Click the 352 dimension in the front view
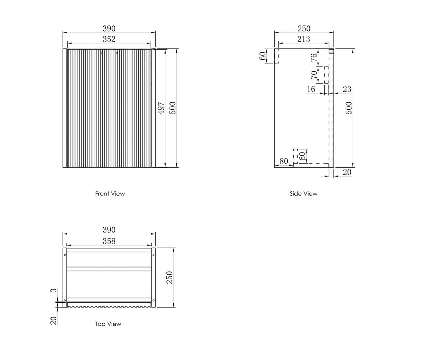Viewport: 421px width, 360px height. point(109,39)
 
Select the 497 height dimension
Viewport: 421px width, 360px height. point(162,108)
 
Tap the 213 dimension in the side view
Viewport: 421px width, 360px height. point(303,39)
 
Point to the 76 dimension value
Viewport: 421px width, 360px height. point(313,58)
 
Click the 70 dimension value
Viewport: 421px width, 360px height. point(313,75)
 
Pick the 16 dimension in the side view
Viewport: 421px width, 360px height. point(311,89)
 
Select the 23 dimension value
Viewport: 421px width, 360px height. point(347,89)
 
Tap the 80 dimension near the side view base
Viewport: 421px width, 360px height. point(284,161)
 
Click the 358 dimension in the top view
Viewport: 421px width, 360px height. point(109,241)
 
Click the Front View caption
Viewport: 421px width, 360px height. point(110,194)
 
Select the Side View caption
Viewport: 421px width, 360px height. point(303,194)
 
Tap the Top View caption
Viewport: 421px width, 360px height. point(108,324)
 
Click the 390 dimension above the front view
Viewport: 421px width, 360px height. point(109,28)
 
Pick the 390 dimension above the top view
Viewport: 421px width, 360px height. point(109,230)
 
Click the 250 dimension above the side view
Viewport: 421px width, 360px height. point(304,28)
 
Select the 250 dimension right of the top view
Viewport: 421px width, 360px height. point(170,277)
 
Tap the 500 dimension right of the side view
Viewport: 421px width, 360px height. point(349,108)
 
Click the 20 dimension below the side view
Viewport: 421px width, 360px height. point(347,172)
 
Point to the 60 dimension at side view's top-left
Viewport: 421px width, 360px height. point(263,56)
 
